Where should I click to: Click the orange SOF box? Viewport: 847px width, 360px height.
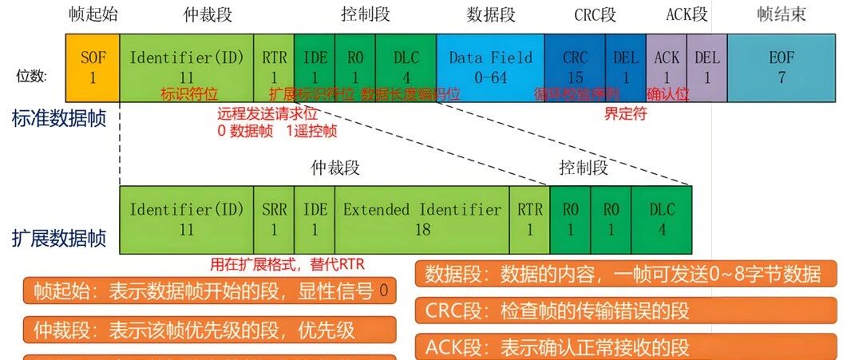[x=93, y=67]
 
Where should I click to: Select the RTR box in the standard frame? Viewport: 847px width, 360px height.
[x=274, y=67]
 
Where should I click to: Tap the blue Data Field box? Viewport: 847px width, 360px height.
[x=490, y=67]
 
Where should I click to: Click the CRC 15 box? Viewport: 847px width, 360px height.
[x=575, y=67]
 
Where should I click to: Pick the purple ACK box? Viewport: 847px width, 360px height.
[x=667, y=67]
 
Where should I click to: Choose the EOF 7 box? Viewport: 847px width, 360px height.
[x=782, y=67]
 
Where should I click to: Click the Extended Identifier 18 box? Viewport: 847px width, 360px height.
[x=422, y=220]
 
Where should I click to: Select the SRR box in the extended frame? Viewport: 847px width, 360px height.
[x=274, y=220]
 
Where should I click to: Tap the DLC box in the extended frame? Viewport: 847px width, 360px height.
[x=662, y=220]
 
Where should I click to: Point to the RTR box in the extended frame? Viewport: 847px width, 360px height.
[x=529, y=220]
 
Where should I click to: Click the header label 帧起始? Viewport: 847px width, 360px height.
[x=93, y=14]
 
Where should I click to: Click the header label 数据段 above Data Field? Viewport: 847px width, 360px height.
[x=491, y=14]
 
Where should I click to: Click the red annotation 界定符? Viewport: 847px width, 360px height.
[x=625, y=113]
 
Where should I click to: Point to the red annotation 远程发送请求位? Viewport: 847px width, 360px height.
[x=274, y=113]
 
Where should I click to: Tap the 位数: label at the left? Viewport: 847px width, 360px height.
[x=32, y=77]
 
